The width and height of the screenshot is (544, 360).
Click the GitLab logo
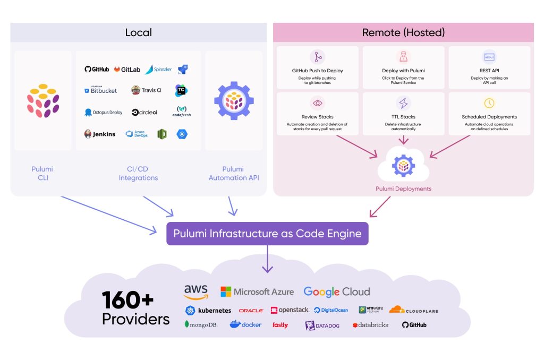pos(126,70)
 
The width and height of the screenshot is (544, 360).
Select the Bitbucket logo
pos(100,90)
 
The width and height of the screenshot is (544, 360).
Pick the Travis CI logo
pos(146,90)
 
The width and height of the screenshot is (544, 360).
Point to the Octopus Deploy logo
pos(103,113)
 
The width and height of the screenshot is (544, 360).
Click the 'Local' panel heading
pos(138,32)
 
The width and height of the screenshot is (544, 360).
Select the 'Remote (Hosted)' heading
pos(403,32)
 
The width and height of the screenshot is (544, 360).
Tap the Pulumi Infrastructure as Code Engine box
pos(267,234)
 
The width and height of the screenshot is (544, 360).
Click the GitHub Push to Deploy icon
pos(317,57)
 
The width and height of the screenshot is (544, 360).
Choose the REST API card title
pos(489,70)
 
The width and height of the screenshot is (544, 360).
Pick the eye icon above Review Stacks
pos(317,103)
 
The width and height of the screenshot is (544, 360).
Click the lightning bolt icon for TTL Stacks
pos(403,103)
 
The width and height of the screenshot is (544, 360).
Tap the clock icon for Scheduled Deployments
pos(489,103)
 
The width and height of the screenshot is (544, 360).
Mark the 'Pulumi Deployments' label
pos(403,188)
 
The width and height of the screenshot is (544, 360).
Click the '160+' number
pos(127,300)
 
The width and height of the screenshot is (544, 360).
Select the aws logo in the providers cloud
pos(196,292)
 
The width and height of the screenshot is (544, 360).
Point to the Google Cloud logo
pos(336,292)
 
